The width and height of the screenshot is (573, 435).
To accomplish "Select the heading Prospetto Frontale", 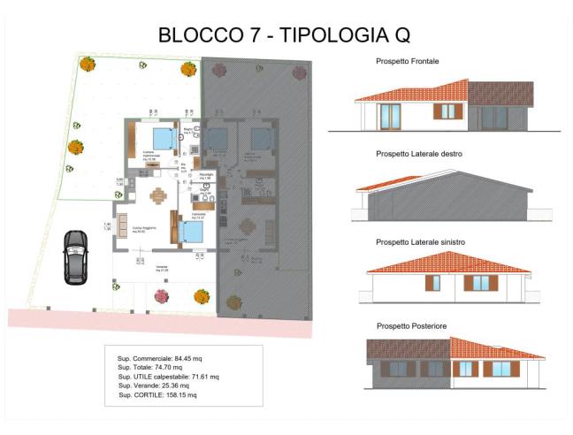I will pos(408,62).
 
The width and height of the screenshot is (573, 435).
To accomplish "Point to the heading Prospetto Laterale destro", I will pos(420,153).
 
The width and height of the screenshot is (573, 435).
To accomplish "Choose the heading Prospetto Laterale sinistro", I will pos(421,241).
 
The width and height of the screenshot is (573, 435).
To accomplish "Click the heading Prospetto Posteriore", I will pos(411,326).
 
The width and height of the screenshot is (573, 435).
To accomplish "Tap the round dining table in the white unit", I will pos(157,195).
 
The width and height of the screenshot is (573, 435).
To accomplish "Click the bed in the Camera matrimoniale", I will pos(162,139).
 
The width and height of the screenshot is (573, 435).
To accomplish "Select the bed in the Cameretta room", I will pos(192,232).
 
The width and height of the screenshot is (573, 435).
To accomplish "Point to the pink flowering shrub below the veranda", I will pos(162,296).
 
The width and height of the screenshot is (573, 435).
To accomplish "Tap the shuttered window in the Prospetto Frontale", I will pos(447,111).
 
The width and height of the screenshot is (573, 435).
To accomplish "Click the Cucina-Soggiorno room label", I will pos(144,228).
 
